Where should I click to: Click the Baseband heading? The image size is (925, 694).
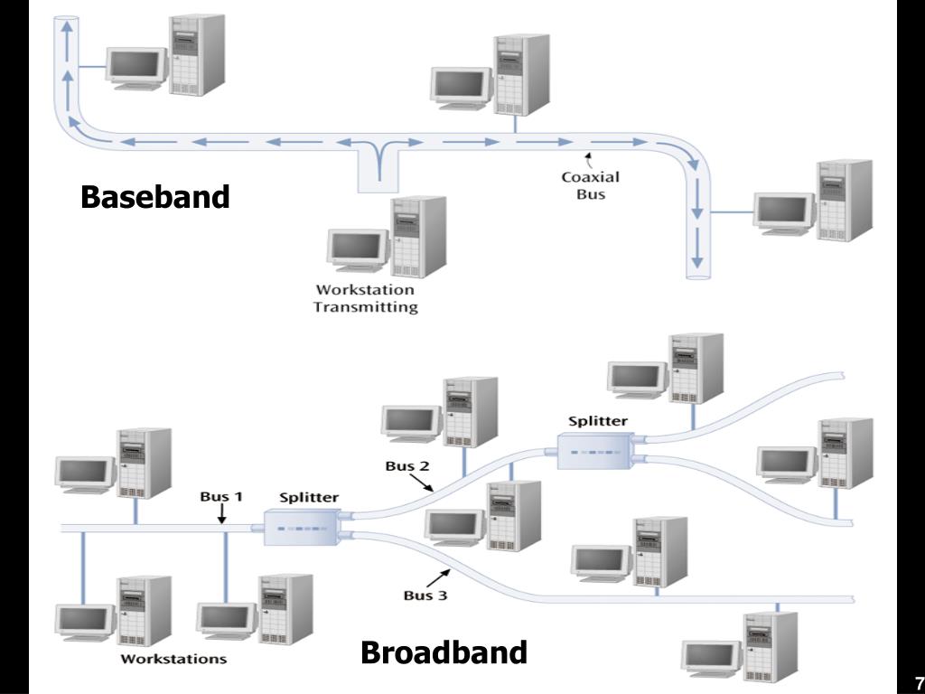point(154,196)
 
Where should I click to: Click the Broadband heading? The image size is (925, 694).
point(444,652)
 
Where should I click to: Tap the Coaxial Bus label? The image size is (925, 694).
point(591,185)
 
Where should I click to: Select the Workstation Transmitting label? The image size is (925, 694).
point(365,298)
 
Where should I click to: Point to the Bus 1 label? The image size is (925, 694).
point(221,496)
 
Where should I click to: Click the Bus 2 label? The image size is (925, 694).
point(407,465)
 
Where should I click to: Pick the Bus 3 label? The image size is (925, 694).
point(425,595)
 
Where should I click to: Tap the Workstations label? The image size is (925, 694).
point(173,659)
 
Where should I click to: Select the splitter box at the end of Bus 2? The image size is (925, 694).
point(596,452)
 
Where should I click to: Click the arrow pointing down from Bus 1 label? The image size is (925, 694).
point(222,514)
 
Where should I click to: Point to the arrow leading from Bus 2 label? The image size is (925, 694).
point(422,483)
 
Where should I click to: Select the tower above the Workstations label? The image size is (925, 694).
point(145,611)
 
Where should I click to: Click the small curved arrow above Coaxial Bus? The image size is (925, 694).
point(588,160)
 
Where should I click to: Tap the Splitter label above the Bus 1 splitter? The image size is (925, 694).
point(309,497)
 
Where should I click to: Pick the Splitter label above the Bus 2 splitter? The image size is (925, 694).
point(598,421)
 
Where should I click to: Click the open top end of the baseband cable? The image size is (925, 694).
point(66,21)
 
